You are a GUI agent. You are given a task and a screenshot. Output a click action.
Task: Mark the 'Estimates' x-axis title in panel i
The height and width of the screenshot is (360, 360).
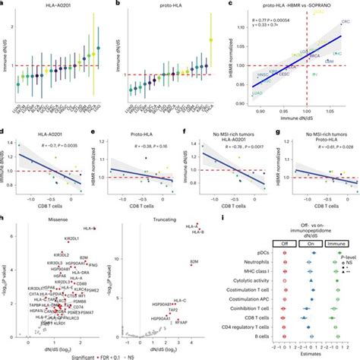point(305,352)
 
